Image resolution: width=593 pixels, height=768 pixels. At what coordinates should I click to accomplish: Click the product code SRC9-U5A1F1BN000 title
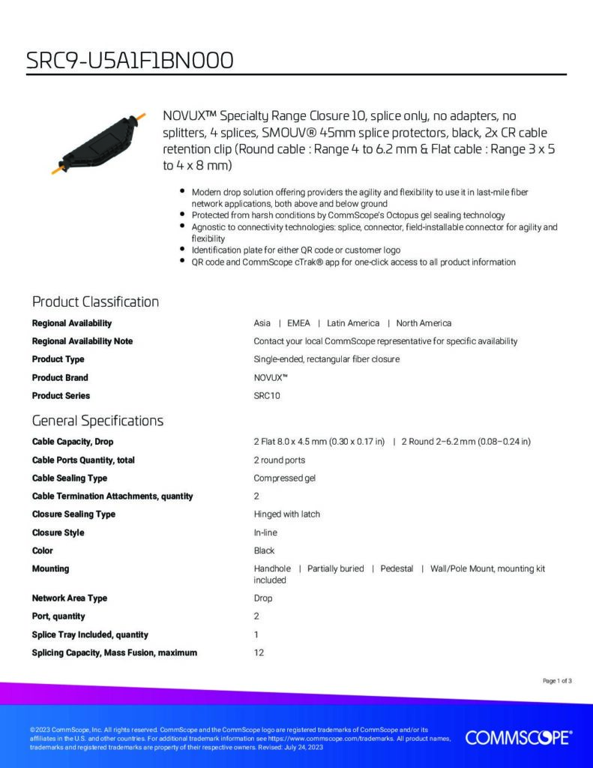129,59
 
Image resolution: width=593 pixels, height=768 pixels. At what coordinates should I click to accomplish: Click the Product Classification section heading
95,301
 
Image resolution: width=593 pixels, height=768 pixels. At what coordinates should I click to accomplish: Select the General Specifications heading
97,420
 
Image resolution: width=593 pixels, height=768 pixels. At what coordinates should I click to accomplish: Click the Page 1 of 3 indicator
557,681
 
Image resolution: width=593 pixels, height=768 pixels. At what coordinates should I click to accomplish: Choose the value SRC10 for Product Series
267,396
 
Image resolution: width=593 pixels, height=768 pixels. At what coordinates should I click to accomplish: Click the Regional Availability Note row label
82,341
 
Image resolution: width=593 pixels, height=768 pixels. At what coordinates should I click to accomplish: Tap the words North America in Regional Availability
424,323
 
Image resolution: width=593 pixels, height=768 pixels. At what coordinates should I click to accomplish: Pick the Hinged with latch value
287,514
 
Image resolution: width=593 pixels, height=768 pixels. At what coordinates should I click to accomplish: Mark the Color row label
43,550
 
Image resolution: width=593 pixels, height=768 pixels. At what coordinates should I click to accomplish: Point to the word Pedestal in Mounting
397,569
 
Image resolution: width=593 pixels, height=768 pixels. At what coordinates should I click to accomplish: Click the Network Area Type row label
70,598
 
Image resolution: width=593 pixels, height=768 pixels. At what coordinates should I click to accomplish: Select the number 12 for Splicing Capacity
259,652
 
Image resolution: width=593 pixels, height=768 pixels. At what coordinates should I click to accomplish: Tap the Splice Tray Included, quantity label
90,634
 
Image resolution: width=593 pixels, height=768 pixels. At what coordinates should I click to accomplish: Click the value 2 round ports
280,460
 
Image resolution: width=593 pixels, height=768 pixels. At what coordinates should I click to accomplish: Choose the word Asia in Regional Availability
262,323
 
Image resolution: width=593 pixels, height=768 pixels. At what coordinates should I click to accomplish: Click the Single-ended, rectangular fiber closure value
327,359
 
